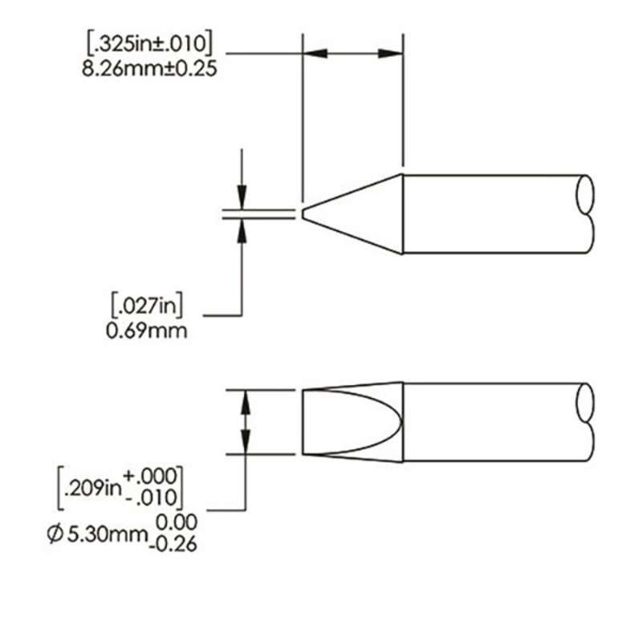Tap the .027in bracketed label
tap(148, 306)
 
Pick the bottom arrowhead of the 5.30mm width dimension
tap(246, 444)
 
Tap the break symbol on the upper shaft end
tap(586, 213)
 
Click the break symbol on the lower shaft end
tap(586, 423)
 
